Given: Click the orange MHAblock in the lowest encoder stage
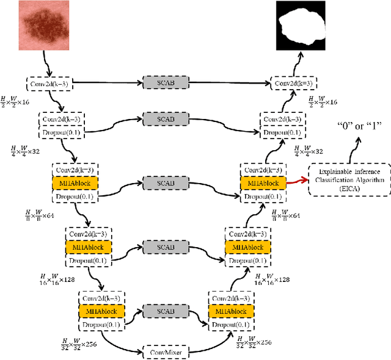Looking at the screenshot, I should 102,311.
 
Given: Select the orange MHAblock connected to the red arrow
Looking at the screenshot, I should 262,182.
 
